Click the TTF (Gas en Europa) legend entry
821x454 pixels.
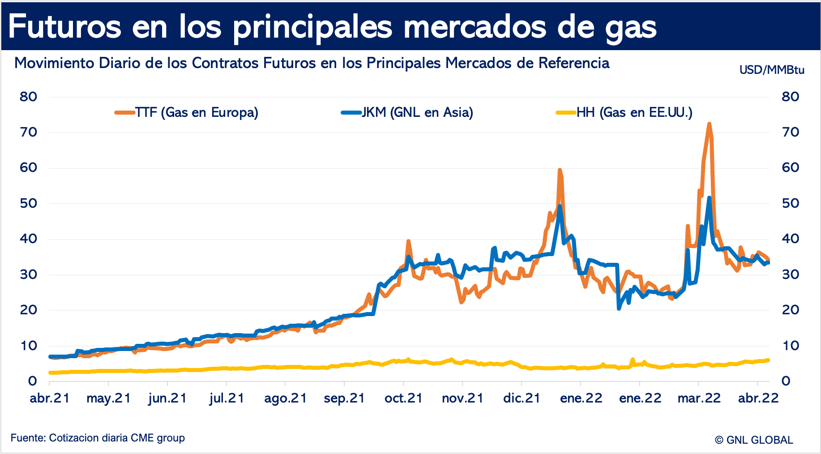[x=187, y=112]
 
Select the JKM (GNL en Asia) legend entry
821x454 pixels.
[x=407, y=112]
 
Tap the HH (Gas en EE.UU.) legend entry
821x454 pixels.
[x=624, y=112]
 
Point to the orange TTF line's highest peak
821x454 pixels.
[x=709, y=124]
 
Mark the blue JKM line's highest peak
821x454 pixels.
[x=709, y=197]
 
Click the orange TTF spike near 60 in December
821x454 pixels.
[x=560, y=170]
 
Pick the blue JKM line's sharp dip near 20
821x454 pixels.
[x=619, y=308]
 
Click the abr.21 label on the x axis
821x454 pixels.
[x=50, y=398]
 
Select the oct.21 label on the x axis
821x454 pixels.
[x=403, y=398]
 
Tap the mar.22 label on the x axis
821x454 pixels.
[x=699, y=398]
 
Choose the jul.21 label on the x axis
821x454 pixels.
[x=227, y=398]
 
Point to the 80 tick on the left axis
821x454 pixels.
[x=28, y=97]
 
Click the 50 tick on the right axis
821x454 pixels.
[x=790, y=203]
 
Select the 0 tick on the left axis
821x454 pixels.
[x=32, y=381]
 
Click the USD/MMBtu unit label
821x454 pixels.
[x=772, y=70]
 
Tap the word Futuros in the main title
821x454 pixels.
[x=65, y=26]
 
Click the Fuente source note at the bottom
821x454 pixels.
[x=98, y=438]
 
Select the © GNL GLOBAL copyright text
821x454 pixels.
[x=754, y=440]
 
